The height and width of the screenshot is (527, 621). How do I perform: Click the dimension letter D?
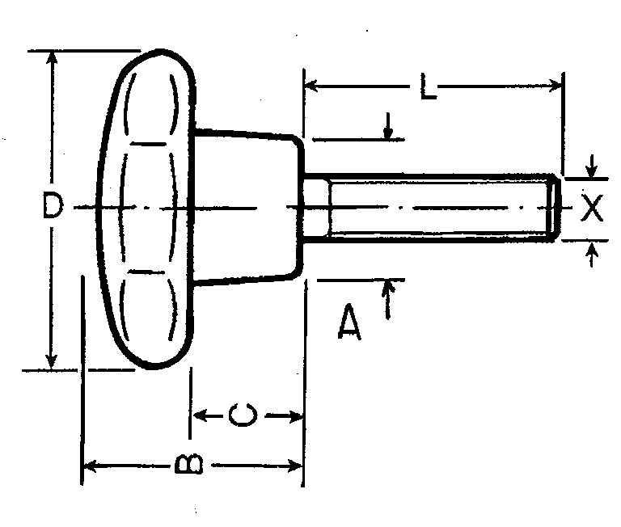click(x=53, y=207)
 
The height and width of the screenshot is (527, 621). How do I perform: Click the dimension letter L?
click(x=427, y=86)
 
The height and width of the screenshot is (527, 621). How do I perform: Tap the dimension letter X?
click(x=593, y=209)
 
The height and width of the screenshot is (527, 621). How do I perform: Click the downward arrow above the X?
click(x=593, y=168)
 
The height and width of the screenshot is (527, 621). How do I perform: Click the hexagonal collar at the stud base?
click(x=316, y=209)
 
